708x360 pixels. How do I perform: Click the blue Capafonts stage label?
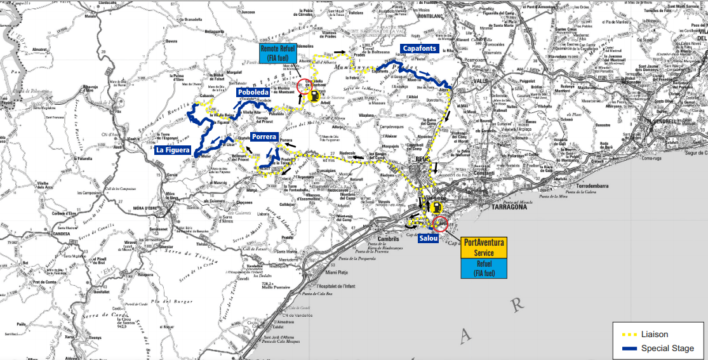tap(419, 49)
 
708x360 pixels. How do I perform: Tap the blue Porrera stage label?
tap(263, 137)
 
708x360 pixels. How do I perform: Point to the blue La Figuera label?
tap(173, 151)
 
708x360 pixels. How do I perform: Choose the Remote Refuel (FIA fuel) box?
tap(277, 53)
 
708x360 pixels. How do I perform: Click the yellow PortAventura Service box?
tap(484, 247)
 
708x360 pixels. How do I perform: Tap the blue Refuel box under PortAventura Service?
tap(484, 269)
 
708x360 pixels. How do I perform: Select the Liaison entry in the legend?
tap(654, 334)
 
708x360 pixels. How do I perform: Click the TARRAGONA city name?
tap(509, 207)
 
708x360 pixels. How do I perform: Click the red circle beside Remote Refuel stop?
tap(304, 86)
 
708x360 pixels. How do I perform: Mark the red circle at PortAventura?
tap(440, 223)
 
